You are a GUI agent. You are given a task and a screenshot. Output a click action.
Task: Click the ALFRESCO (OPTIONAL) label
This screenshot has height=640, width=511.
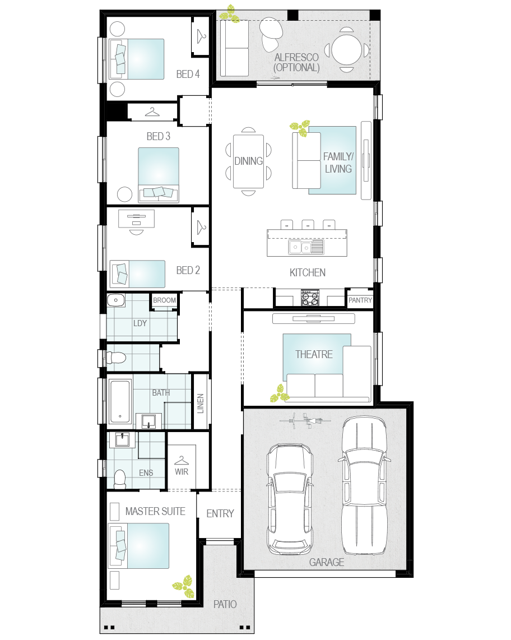[297, 62]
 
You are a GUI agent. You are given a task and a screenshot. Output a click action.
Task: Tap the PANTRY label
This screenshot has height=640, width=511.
[360, 300]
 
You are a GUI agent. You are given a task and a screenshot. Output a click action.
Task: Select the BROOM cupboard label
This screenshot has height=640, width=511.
[165, 300]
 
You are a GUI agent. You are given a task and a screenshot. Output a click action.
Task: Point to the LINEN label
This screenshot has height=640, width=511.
[201, 404]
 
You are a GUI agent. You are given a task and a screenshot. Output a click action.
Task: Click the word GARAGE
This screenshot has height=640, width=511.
[327, 562]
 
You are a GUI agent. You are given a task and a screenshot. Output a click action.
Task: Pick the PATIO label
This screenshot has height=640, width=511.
[225, 604]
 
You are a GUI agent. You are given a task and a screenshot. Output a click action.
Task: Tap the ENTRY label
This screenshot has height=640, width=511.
[220, 513]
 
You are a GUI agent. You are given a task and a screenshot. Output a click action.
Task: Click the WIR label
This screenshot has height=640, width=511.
[182, 472]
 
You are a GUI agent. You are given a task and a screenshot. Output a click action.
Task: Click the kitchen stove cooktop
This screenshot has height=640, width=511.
[310, 298]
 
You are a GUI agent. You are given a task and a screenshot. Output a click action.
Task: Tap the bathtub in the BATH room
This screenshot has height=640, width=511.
[120, 402]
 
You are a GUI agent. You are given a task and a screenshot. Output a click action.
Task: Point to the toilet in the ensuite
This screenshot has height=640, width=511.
[119, 480]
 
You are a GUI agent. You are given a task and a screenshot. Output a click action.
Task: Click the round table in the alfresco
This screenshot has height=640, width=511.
[347, 50]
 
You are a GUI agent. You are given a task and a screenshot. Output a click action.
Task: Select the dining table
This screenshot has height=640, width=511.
[249, 161]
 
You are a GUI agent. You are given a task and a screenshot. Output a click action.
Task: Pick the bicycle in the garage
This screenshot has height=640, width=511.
[305, 420]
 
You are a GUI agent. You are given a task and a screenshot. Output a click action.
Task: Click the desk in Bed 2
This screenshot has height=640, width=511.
[136, 219]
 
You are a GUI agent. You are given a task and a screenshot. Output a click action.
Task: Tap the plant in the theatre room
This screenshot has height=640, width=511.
[280, 393]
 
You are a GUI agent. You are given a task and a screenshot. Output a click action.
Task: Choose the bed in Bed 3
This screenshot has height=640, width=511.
[159, 175]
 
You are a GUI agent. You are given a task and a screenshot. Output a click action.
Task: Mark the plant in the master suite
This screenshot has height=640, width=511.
[184, 587]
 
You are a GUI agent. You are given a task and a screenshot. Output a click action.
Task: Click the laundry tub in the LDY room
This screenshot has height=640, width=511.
[116, 300]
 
